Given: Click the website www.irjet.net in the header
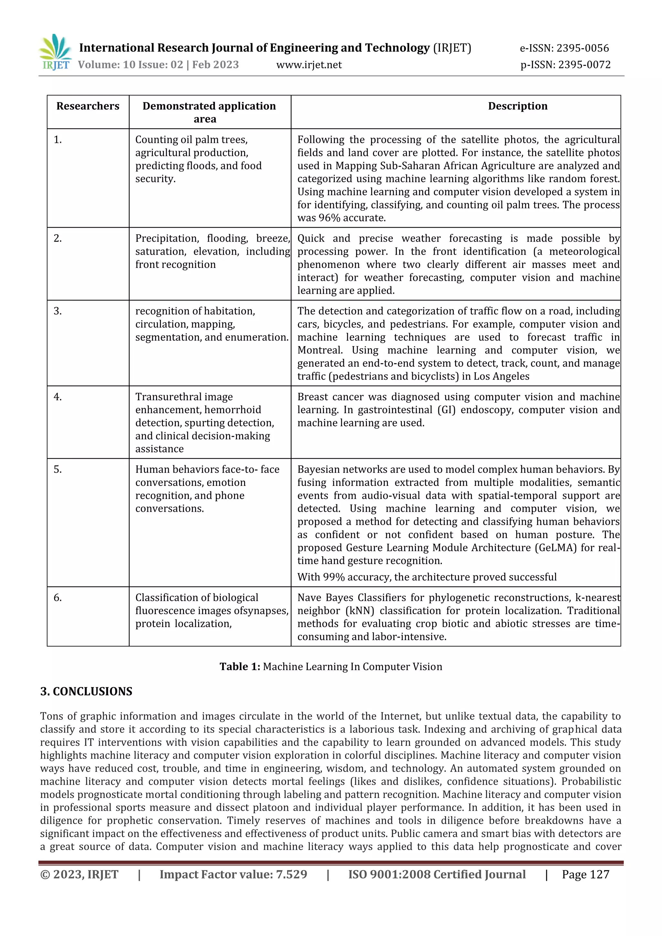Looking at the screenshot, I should pos(309,65).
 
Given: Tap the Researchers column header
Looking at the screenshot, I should pos(88,106).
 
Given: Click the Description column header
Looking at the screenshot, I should pos(517,106).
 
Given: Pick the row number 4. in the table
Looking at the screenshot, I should pos(58,397).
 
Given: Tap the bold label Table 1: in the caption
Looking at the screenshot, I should pos(240,667).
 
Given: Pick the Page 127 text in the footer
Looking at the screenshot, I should pos(585,874).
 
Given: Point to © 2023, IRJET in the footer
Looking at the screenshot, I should pos(79,874).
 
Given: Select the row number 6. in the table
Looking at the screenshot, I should pos(58,598).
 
